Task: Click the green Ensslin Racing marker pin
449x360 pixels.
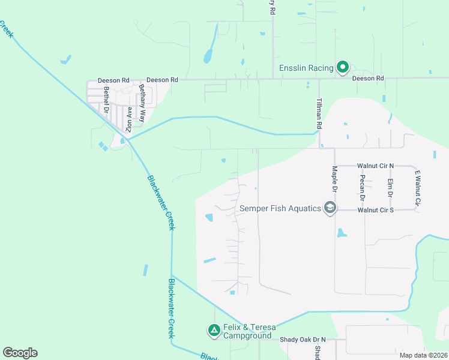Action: (342, 67)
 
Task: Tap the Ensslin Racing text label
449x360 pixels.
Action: (306, 68)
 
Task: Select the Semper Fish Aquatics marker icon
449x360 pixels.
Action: (330, 208)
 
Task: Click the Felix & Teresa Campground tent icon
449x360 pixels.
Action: (214, 330)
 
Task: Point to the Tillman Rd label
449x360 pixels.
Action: (319, 114)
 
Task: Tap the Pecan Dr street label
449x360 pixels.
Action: (363, 188)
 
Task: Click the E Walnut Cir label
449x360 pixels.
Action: (418, 187)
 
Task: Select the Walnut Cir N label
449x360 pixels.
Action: (375, 165)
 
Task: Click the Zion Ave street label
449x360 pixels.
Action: (128, 119)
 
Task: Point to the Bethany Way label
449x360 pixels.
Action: (142, 103)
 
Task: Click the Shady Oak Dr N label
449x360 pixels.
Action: (303, 340)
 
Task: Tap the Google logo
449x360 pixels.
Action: (20, 353)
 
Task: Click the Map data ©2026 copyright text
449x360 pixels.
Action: (423, 355)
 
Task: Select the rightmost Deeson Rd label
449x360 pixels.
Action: (367, 79)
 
